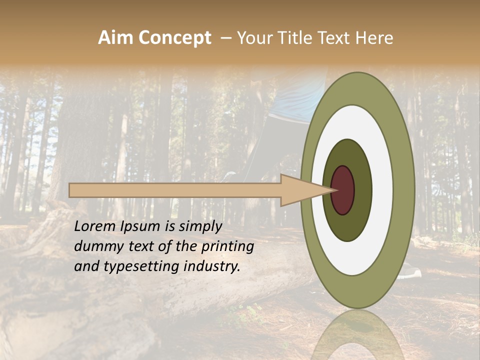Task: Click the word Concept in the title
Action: (x=175, y=38)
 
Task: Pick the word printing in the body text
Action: (x=227, y=246)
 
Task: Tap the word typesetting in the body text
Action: (x=139, y=266)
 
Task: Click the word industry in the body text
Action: (x=212, y=266)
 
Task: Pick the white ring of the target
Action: (x=382, y=190)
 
